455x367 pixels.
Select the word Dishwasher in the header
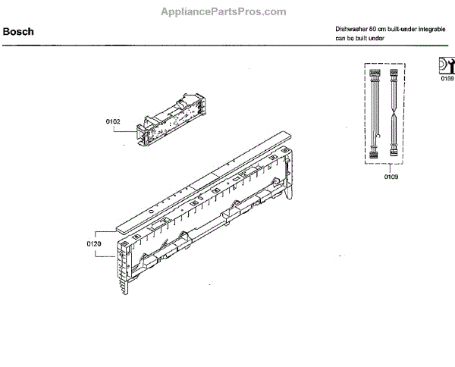click(x=352, y=29)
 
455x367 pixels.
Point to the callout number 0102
click(x=113, y=120)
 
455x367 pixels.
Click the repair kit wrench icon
click(x=446, y=64)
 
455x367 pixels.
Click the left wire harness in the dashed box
click(x=374, y=114)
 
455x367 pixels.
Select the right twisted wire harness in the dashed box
click(x=394, y=114)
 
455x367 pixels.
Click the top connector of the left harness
click(x=374, y=74)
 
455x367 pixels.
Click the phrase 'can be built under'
click(x=360, y=39)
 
